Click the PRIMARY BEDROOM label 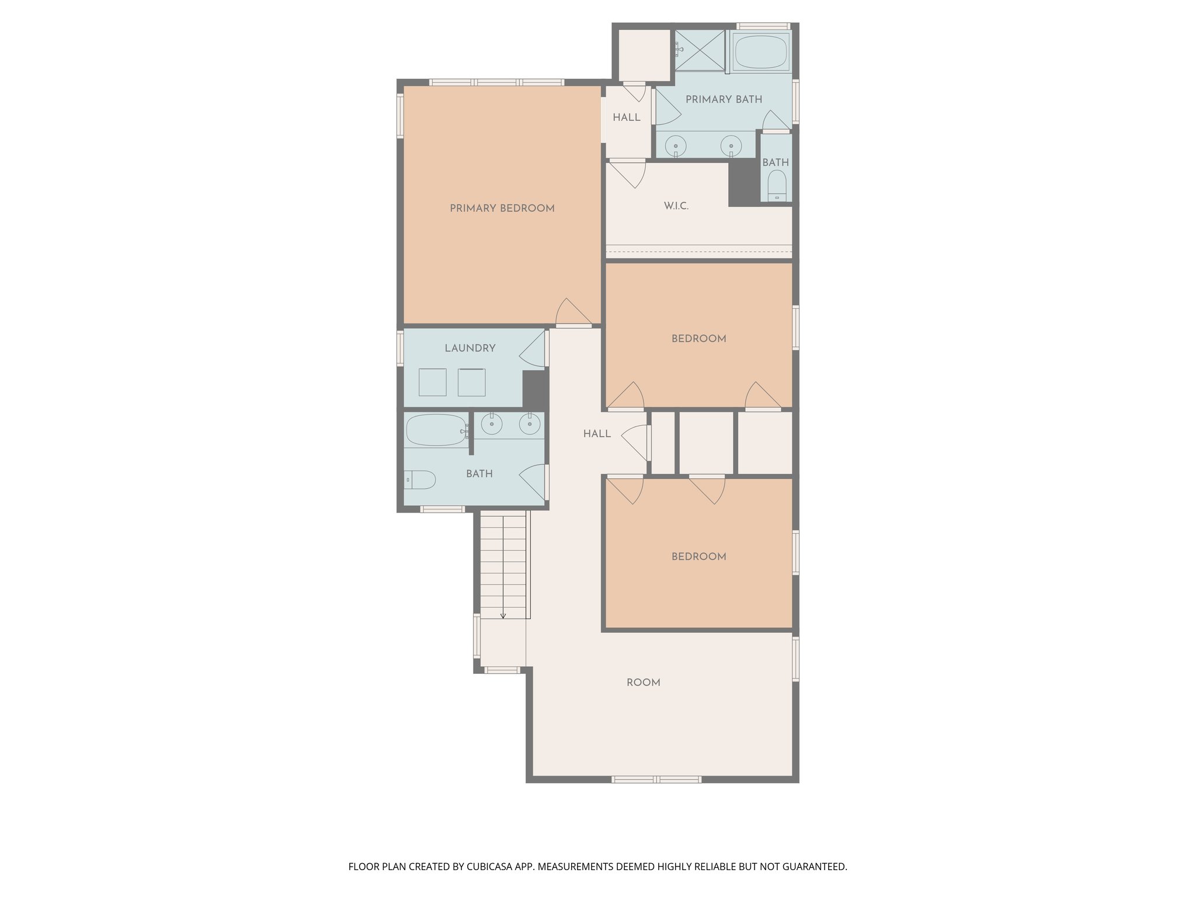(502, 208)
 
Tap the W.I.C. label (676, 206)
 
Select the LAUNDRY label (470, 348)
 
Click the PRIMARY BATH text (724, 99)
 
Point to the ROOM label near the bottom (643, 683)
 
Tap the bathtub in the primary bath (761, 51)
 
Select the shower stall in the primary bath (700, 50)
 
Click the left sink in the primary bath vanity (676, 144)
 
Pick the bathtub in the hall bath (436, 430)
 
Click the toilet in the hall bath (420, 480)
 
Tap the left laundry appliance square (432, 383)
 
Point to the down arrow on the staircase (503, 614)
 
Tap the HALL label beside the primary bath (626, 117)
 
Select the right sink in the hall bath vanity (529, 424)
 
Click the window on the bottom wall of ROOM (656, 779)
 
